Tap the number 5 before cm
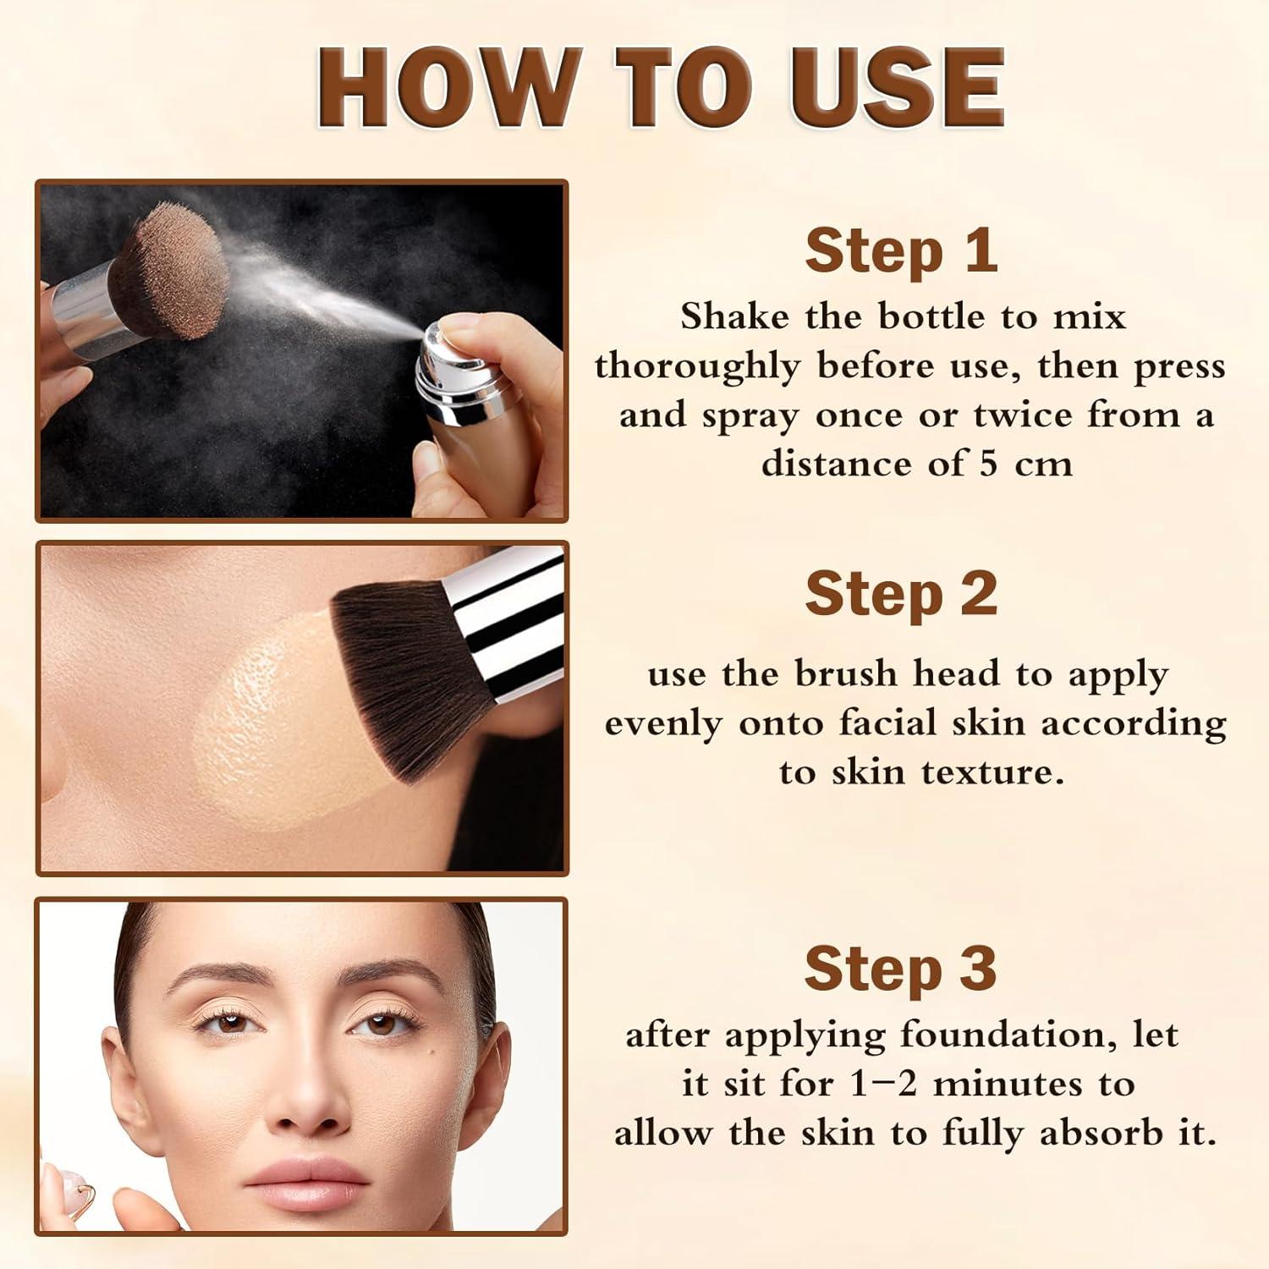pyautogui.click(x=990, y=464)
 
